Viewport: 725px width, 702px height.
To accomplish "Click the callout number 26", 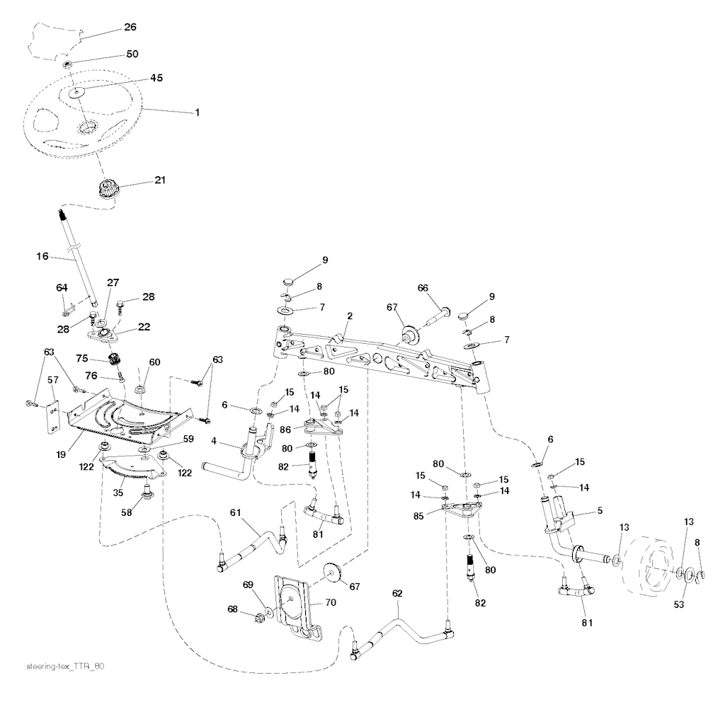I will click(130, 27).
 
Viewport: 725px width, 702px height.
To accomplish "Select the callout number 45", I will click(156, 78).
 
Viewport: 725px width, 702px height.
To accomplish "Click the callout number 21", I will click(159, 180).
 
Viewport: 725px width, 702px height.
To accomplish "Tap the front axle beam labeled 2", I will click(375, 354).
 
